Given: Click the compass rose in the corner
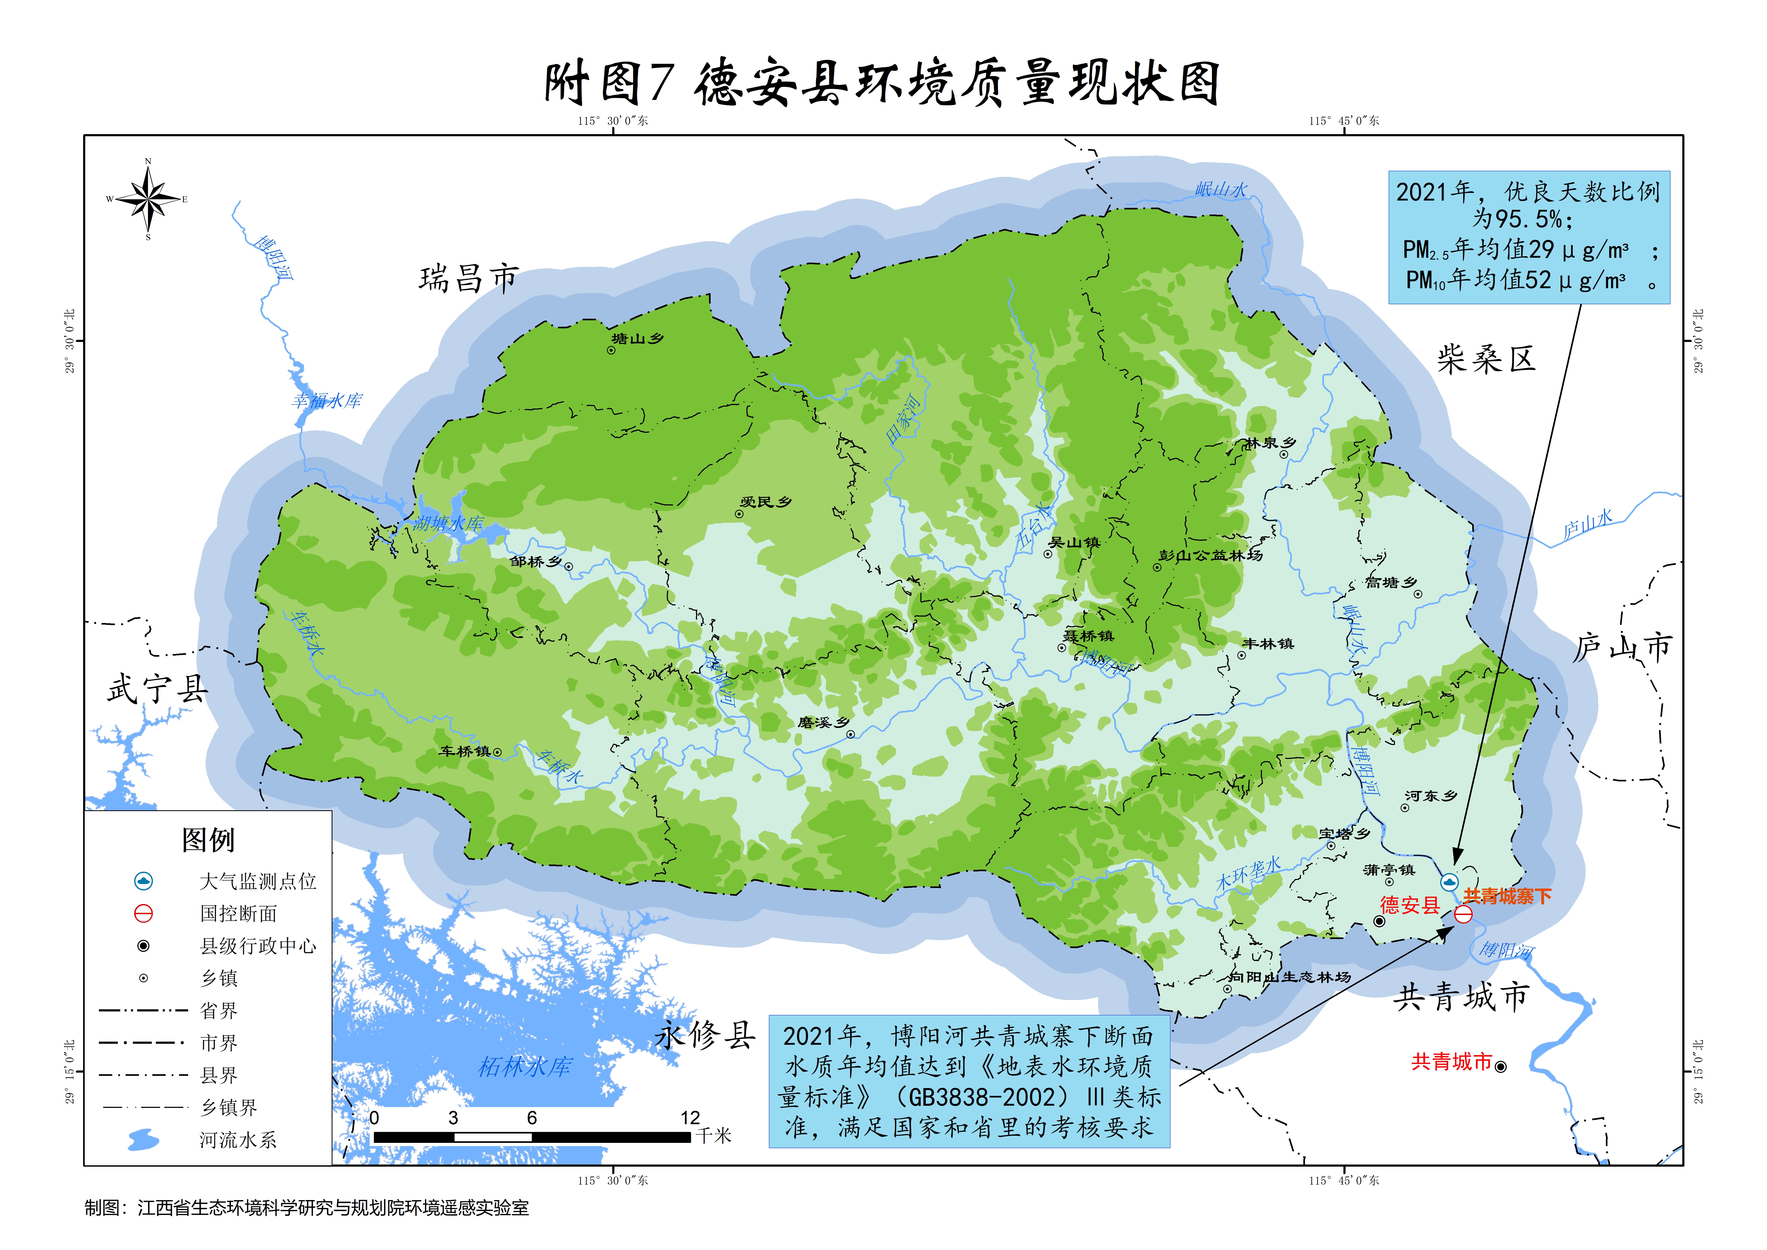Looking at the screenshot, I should (x=149, y=198).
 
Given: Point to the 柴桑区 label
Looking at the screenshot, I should (x=1486, y=359).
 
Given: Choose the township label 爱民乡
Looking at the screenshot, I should (x=766, y=502).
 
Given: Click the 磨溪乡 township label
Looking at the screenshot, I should (x=823, y=722).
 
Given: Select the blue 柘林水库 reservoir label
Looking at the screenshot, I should (x=525, y=1067).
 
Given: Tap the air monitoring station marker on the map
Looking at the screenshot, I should (x=1449, y=882).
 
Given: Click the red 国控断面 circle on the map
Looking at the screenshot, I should (x=1463, y=914).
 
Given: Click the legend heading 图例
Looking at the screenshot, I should (x=208, y=840).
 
